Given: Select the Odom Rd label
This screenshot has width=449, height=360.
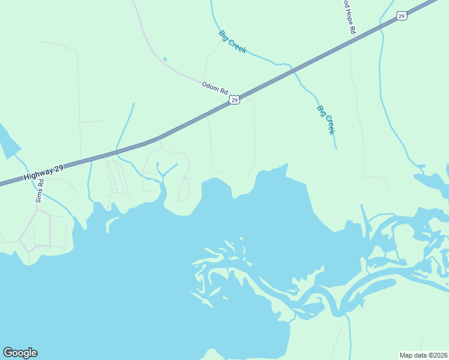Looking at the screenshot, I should [x=215, y=88].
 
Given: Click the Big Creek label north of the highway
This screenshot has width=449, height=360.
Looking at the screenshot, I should [x=232, y=42].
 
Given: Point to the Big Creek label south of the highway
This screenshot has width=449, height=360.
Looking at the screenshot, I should [x=325, y=120].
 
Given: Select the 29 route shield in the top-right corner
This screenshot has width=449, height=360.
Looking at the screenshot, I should [x=402, y=16].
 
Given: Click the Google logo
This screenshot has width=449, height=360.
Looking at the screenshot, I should [x=20, y=353].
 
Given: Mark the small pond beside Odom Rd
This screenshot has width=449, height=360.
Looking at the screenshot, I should [x=164, y=59].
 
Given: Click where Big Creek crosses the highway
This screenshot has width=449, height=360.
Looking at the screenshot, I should [x=294, y=71].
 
